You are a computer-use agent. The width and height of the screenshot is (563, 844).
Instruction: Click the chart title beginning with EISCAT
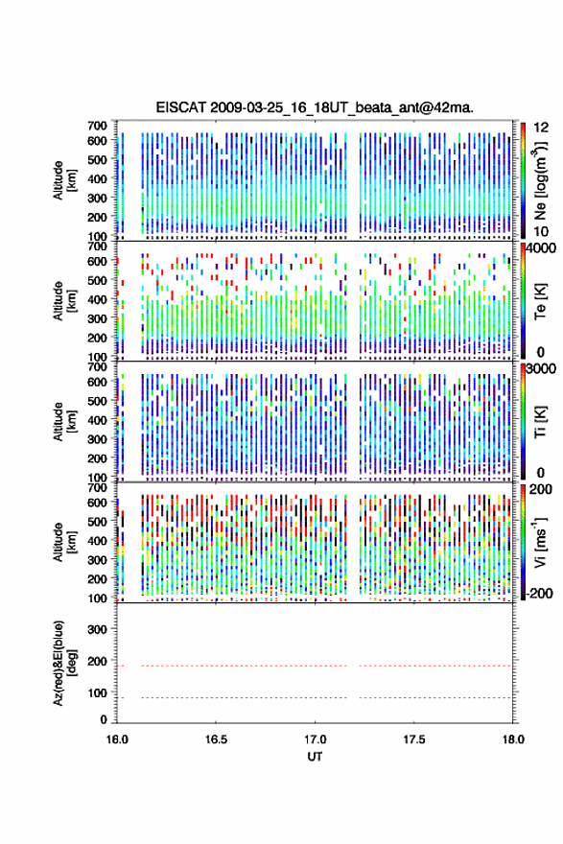point(315,107)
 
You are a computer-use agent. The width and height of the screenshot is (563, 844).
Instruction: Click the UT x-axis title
point(315,757)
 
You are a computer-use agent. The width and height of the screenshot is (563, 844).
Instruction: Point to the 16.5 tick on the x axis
point(216,739)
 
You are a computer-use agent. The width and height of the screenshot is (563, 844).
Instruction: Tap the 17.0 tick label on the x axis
point(315,739)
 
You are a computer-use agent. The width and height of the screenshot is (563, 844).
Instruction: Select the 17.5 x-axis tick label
point(414,739)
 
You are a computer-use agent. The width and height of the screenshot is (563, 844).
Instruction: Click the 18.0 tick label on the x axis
point(513,739)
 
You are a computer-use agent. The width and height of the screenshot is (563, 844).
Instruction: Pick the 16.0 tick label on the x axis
point(117,739)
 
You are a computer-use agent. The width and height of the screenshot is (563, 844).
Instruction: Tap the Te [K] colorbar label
point(540,301)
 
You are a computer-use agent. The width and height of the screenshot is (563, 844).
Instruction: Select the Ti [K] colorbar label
point(540,422)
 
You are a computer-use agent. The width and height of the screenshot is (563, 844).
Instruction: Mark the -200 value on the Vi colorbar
point(537,593)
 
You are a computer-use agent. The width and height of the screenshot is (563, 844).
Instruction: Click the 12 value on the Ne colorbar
point(541,128)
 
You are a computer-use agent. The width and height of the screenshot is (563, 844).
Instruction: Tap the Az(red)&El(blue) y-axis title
point(63,663)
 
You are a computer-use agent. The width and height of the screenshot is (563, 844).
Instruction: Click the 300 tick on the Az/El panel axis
point(97,629)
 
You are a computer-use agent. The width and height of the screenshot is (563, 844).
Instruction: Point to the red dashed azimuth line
point(315,666)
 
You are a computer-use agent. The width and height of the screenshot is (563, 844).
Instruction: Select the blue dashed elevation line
point(315,697)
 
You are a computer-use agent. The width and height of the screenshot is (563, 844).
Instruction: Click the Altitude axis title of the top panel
point(63,180)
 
